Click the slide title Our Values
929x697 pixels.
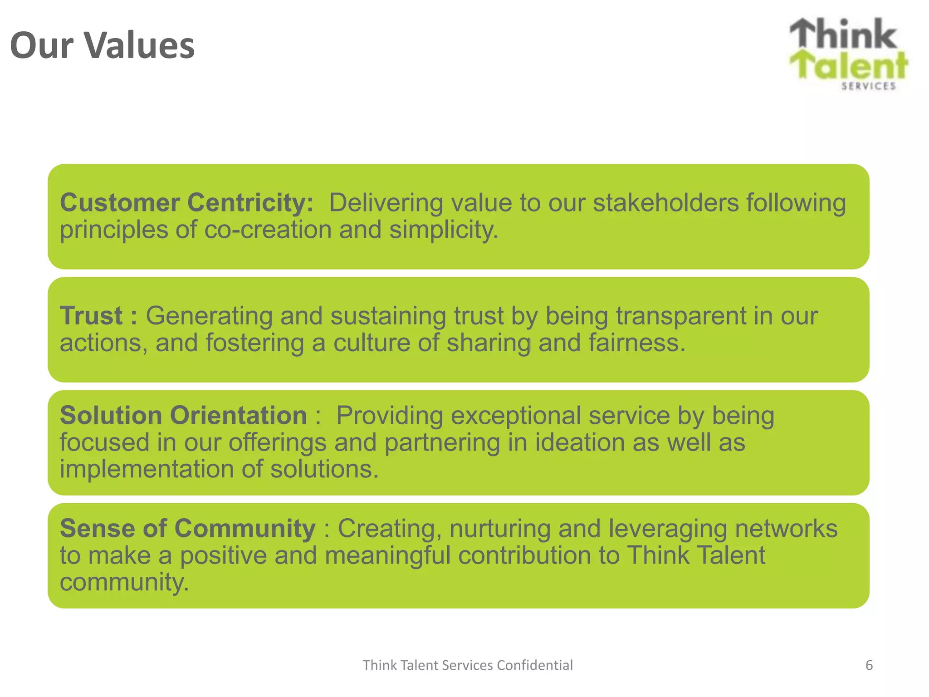pyautogui.click(x=102, y=45)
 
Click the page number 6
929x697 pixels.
pyautogui.click(x=869, y=665)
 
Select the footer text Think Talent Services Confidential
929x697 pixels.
pyautogui.click(x=468, y=665)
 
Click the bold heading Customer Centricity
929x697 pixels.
pyautogui.click(x=186, y=202)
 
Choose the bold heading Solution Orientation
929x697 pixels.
pyautogui.click(x=183, y=415)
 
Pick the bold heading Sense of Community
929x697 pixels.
pyautogui.click(x=187, y=528)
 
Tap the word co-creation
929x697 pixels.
pyautogui.click(x=268, y=230)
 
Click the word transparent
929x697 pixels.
pyautogui.click(x=680, y=316)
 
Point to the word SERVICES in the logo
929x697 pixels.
pyautogui.click(x=868, y=86)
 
